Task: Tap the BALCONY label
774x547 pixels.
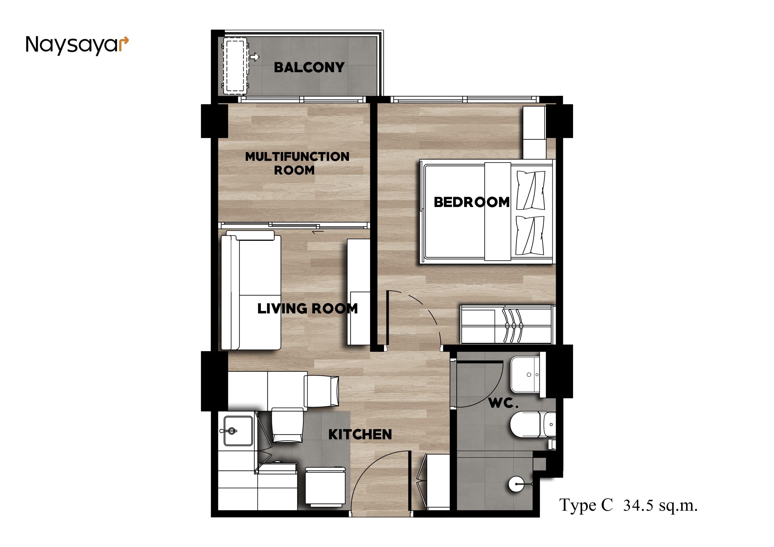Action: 309,67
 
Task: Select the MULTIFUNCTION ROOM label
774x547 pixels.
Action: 297,163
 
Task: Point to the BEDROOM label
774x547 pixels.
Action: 471,202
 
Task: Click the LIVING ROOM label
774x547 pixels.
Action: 307,308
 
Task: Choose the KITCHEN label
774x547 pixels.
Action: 360,435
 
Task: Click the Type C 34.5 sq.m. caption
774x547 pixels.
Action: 628,505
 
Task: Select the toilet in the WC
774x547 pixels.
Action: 533,424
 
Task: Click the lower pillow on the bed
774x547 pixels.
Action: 530,235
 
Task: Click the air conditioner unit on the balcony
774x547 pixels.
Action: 235,66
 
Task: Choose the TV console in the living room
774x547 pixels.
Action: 359,292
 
